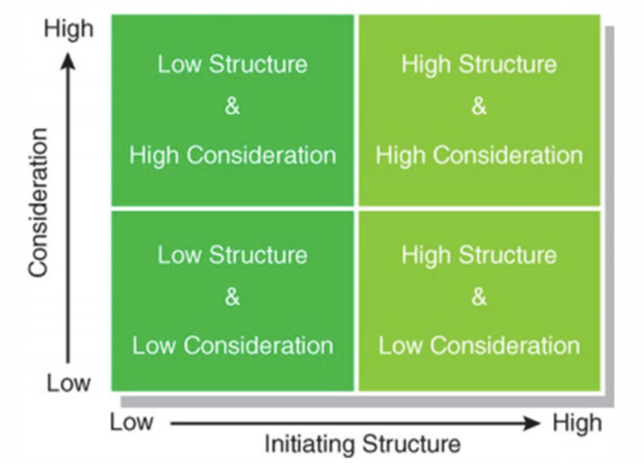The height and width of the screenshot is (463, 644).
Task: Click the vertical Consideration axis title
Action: tap(38, 202)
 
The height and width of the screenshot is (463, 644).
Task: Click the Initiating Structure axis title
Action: tap(362, 444)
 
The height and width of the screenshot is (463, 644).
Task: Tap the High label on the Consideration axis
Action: tap(68, 29)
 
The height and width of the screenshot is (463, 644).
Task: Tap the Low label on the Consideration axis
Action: tap(69, 383)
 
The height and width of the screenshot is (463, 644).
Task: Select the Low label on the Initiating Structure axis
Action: tap(131, 422)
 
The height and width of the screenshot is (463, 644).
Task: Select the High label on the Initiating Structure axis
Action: tap(577, 423)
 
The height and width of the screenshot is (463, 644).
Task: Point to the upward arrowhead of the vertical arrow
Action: tap(68, 61)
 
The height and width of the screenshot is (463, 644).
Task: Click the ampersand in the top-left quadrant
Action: tap(232, 106)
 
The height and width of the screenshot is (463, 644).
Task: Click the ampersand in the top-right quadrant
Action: tap(479, 106)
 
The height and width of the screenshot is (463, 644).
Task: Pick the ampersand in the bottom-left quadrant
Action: tap(232, 297)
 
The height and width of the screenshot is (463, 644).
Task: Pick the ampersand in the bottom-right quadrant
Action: tap(479, 297)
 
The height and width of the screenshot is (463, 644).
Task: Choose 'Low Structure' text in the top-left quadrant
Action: tap(232, 64)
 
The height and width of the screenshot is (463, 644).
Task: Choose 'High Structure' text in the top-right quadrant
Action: tap(479, 64)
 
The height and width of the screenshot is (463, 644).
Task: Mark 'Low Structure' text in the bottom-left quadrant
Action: tap(232, 255)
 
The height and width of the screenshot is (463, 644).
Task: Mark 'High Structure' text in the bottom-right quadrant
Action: tap(479, 255)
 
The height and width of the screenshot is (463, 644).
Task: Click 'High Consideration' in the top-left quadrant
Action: tap(233, 156)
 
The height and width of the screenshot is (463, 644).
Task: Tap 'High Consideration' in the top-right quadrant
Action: tap(479, 156)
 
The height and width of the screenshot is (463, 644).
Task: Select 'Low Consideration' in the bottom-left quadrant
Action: tap(233, 346)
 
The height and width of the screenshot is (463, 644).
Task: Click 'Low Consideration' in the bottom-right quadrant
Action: tap(479, 346)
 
